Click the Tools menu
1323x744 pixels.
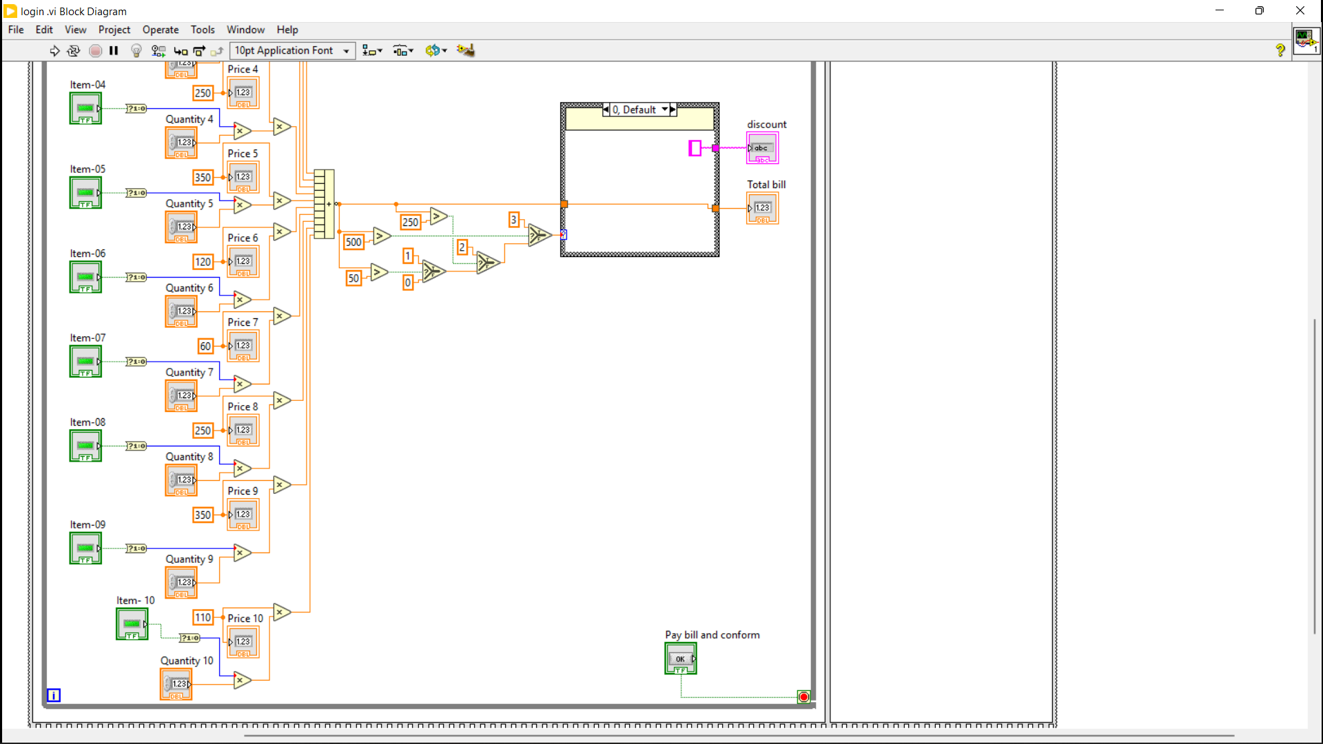coord(203,30)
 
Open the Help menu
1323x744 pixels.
coord(287,30)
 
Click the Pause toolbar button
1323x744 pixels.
coord(114,50)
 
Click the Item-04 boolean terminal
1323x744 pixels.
coord(85,109)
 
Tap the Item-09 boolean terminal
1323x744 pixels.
coord(85,548)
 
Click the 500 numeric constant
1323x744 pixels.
coord(353,242)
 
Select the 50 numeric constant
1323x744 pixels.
coord(353,278)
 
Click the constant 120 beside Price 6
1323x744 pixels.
coord(203,262)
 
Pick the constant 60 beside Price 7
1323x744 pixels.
coord(205,347)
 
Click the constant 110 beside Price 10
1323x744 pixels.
coord(203,617)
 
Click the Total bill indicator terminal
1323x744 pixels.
coord(762,208)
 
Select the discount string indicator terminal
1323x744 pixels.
coord(762,148)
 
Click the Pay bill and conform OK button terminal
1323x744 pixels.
coord(681,659)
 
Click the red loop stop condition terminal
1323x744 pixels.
coord(803,697)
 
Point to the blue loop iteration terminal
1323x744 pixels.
coord(54,695)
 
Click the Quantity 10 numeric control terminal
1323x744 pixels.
coord(176,684)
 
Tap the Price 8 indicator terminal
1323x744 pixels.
coord(243,431)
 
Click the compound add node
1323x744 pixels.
coord(324,204)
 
